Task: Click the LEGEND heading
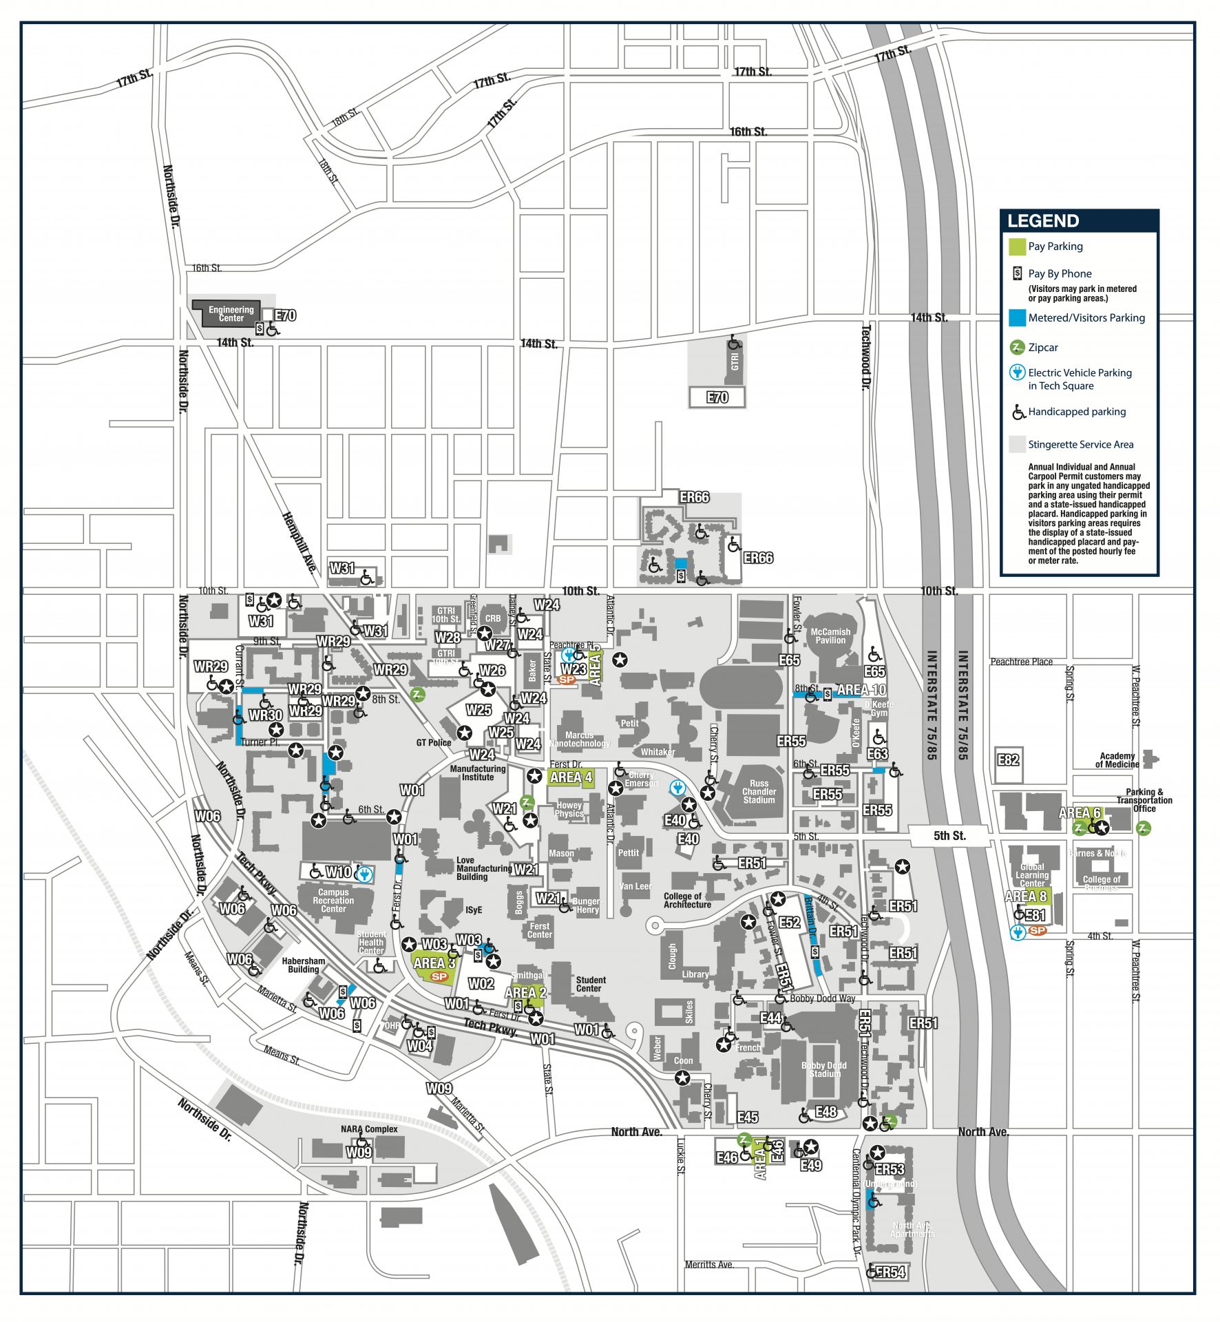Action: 1042,221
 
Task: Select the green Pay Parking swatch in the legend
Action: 1017,246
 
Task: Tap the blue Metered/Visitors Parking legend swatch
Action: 1017,318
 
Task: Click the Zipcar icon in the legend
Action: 1017,347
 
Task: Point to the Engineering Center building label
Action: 231,314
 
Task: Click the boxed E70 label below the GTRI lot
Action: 717,397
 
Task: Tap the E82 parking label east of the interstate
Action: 1008,760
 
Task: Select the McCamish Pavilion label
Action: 830,636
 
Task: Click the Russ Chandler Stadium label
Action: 759,792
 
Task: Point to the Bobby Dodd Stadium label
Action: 824,1069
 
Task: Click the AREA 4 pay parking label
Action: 571,777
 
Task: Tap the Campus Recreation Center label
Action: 333,901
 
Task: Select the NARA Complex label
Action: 369,1129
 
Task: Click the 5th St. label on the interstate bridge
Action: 949,836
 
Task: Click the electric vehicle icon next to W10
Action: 364,874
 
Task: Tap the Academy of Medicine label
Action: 1117,760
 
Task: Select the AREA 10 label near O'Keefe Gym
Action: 861,690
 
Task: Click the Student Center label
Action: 590,984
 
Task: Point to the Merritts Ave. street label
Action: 709,1265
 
